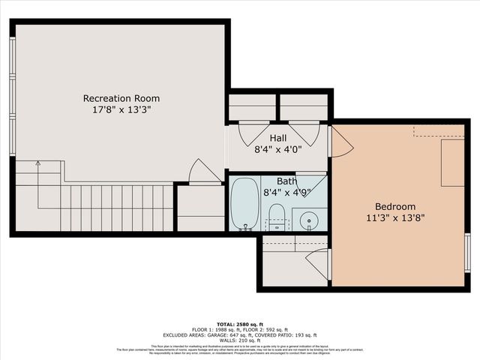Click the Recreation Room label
click(x=121, y=98)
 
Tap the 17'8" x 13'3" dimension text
click(x=121, y=110)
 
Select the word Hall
click(x=278, y=138)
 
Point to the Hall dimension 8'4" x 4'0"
click(x=278, y=149)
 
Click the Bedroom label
click(x=395, y=207)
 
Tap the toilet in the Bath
click(x=277, y=216)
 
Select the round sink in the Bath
click(x=309, y=220)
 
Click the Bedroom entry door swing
click(x=340, y=142)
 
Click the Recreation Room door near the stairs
click(x=203, y=172)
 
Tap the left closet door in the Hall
click(x=253, y=133)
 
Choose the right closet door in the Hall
click(x=305, y=133)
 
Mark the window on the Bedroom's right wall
click(x=467, y=252)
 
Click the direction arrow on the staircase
click(x=37, y=163)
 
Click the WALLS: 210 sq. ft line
click(x=239, y=340)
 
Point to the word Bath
click(x=286, y=181)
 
